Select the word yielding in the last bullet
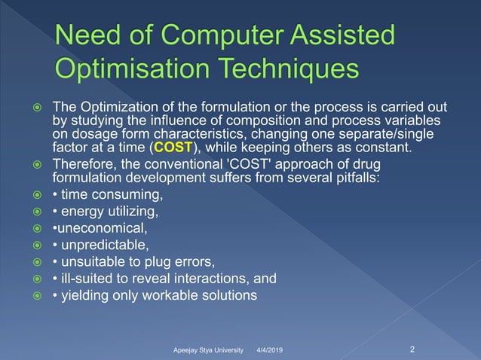83,295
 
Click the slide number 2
412,349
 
